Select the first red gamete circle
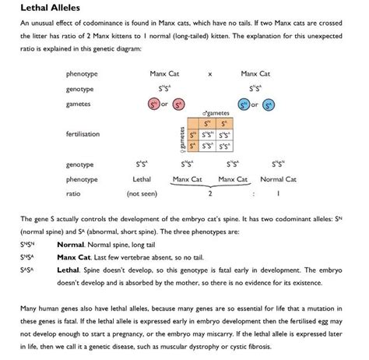(154, 104)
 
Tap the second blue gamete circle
(269, 104)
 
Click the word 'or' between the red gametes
(165, 104)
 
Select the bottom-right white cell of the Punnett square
(224, 144)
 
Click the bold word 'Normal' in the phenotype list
(71, 243)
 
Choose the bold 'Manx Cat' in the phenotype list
(76, 255)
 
